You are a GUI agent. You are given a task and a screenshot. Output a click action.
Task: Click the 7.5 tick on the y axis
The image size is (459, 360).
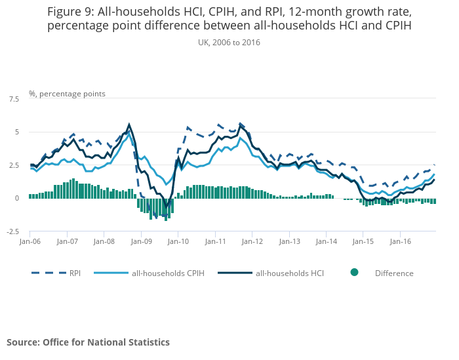click(14, 98)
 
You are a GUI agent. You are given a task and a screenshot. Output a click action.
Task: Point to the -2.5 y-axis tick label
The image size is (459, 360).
click(12, 231)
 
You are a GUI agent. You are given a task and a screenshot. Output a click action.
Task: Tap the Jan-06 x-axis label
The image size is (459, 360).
click(30, 241)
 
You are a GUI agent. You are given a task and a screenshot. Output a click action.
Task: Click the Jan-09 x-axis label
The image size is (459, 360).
click(141, 241)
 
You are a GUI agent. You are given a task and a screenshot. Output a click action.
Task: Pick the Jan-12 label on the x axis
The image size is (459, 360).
click(252, 241)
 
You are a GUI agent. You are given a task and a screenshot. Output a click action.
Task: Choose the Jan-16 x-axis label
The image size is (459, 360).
click(401, 241)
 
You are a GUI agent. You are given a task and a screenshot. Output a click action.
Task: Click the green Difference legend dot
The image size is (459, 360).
click(354, 273)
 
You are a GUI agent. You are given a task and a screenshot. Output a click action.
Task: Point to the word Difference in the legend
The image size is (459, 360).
click(394, 273)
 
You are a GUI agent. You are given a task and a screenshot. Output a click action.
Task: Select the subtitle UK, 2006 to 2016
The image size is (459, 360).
click(229, 42)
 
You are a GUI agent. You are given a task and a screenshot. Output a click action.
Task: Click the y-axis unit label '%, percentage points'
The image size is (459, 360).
click(67, 94)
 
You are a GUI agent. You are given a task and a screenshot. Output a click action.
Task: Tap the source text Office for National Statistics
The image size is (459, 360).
click(106, 342)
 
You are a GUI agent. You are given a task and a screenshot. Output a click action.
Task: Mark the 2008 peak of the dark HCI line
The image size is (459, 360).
click(129, 124)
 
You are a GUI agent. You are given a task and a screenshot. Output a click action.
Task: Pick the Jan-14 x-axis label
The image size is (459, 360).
click(327, 241)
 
